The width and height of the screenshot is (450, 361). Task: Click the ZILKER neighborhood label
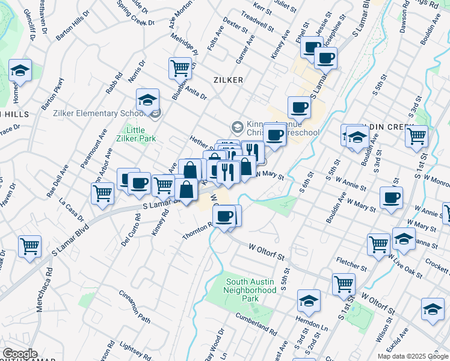tap(228, 80)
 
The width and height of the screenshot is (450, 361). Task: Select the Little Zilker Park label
tap(141, 134)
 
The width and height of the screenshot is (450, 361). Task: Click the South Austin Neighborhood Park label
tap(249, 290)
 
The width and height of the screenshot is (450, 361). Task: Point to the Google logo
tap(20, 354)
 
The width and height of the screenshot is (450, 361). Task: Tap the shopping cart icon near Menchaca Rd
tap(29, 245)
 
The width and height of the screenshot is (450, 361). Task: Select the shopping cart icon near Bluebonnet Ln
tap(180, 68)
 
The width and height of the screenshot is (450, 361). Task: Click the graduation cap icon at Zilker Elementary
tap(147, 100)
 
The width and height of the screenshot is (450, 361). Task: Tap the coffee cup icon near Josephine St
tap(325, 58)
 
